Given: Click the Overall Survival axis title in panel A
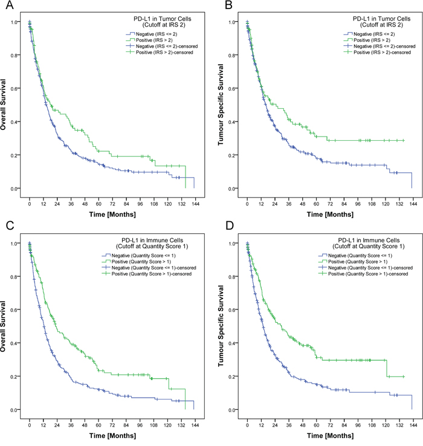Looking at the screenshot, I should [8, 105].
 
